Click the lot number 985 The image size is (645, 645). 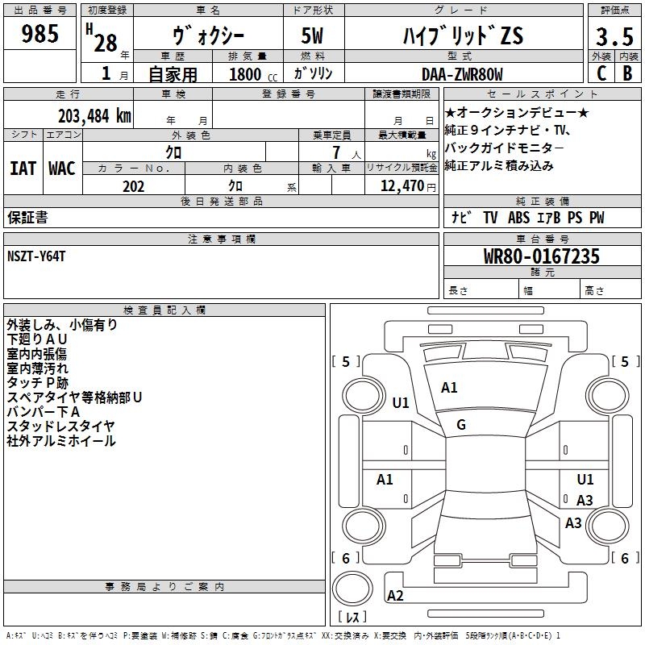coord(40,33)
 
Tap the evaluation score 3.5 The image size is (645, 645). coord(614,36)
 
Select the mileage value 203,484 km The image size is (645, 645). coord(94,116)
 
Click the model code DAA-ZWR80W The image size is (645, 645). coord(462,74)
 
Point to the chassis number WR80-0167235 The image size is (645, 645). coord(541,256)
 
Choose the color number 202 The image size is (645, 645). coord(133,186)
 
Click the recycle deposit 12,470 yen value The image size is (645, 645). coord(408,186)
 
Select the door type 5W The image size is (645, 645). coord(312,35)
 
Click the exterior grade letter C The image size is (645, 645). coord(601,73)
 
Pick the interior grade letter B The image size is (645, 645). coord(628,73)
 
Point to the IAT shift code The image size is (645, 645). coord(23,169)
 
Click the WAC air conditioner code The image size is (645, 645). coord(62,169)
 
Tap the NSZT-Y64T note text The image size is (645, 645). coord(36,256)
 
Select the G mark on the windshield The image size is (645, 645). coord(461,425)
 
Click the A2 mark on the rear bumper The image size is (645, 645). coord(395,596)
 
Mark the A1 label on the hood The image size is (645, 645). coord(449,388)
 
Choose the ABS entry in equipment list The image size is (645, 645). coord(518,218)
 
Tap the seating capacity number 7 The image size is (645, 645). coord(336,152)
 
